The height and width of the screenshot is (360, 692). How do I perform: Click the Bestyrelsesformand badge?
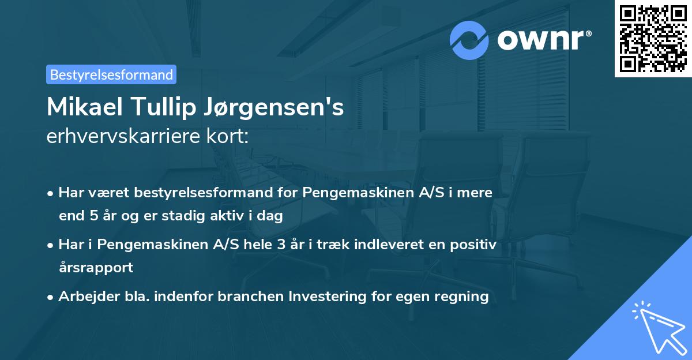(x=111, y=74)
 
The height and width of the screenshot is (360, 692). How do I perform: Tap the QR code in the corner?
(x=653, y=38)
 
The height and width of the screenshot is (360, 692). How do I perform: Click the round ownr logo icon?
(x=469, y=40)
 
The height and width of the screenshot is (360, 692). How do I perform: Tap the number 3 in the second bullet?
(x=281, y=245)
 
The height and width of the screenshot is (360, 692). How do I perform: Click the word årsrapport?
(x=96, y=268)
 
